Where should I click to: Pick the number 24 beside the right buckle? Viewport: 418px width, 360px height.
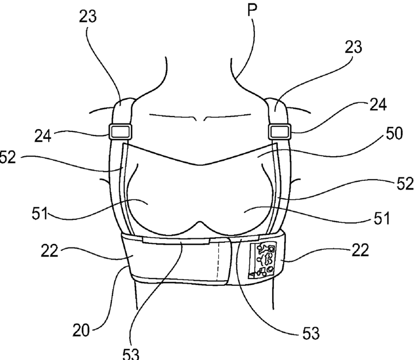[378, 105]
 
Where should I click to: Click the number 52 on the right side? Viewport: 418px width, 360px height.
[404, 184]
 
